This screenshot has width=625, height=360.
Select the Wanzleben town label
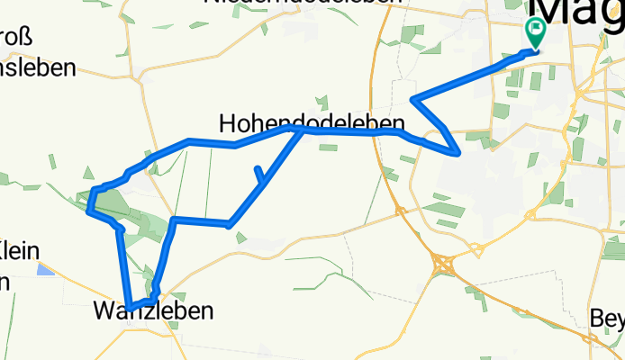[154, 311]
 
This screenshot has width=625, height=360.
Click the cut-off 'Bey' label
[606, 318]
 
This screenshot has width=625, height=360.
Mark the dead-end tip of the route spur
[258, 168]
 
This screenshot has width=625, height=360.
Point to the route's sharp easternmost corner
[460, 152]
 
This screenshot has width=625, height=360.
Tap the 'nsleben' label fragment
[36, 68]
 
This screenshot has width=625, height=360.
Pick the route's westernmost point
[87, 212]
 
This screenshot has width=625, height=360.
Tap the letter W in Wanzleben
[104, 311]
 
